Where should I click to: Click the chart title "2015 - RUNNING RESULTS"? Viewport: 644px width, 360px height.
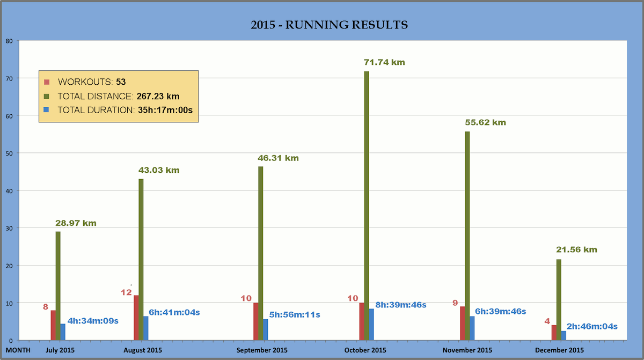point(329,25)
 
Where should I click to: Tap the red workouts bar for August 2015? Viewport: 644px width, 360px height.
point(136,318)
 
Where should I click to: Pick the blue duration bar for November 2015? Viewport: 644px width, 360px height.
point(472,328)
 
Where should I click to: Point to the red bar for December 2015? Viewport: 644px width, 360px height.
point(554,333)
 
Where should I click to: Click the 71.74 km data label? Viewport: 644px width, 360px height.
point(384,62)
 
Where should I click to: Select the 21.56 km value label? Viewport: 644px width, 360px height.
point(576,249)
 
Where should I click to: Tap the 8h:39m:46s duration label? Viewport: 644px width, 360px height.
point(401,305)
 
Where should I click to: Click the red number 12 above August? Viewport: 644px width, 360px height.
point(126,292)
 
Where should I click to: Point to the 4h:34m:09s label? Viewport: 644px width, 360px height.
point(93,321)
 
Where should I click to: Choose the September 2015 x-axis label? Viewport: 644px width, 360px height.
point(262,350)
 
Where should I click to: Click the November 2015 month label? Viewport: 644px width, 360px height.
point(467,350)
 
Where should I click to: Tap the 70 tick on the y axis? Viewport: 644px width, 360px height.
point(9,78)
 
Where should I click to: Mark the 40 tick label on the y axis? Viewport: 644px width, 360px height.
point(9,190)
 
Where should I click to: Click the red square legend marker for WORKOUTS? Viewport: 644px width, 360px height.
point(47,82)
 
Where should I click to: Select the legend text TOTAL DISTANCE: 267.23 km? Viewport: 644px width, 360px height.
point(119,97)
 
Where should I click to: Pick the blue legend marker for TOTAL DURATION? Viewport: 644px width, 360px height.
point(47,110)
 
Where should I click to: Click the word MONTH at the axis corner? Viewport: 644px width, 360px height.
point(18,350)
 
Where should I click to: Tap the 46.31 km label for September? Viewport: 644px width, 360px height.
point(278,158)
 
